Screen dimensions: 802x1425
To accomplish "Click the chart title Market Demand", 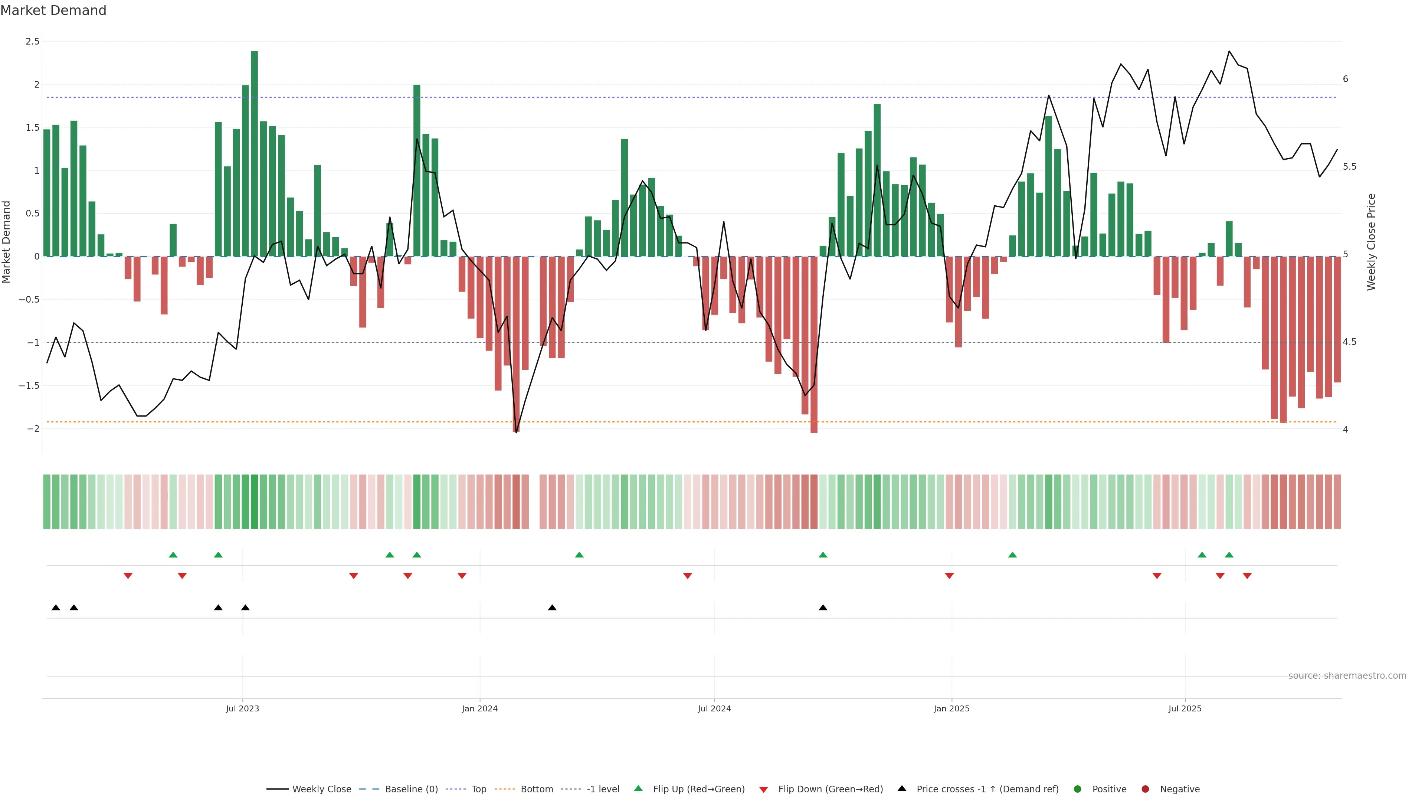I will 53,10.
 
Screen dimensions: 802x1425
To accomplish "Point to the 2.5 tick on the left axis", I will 33,42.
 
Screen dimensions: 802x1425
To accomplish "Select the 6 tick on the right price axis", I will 1345,79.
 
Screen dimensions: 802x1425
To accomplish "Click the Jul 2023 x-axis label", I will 242,708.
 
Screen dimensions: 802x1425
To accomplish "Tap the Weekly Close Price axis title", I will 1371,242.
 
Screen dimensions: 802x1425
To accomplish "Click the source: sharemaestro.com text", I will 1347,676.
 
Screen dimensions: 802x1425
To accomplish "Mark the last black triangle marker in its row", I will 823,608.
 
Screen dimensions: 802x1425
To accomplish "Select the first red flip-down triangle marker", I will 128,576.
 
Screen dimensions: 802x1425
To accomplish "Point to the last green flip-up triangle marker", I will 1229,555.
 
